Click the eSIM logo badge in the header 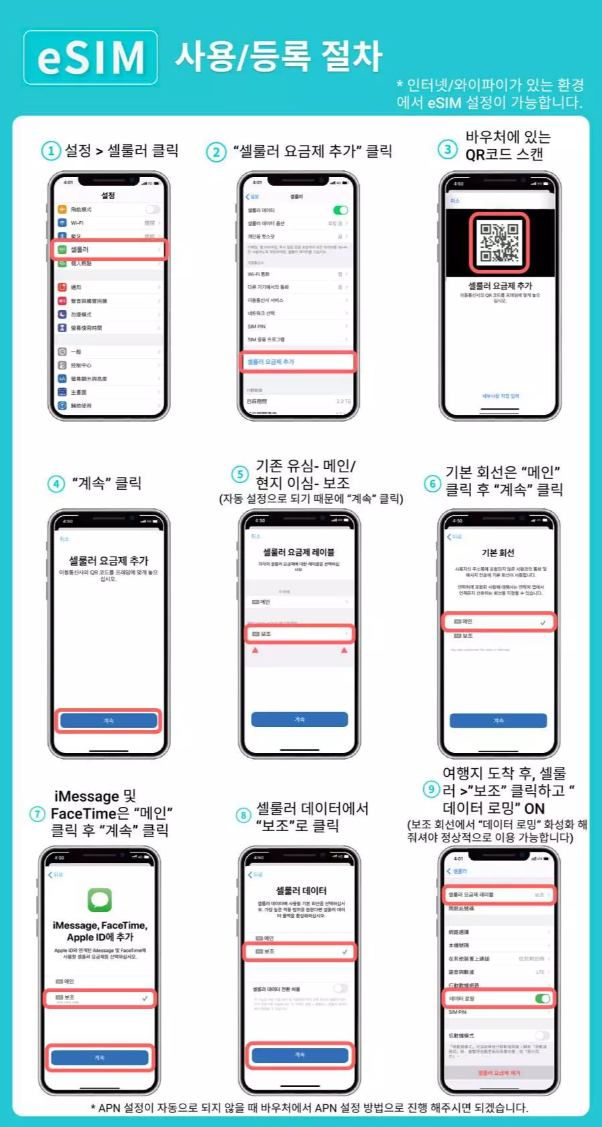(91, 57)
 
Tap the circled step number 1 (51, 151)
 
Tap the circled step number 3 (447, 149)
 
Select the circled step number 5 (240, 474)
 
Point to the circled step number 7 (37, 814)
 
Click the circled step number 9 (432, 790)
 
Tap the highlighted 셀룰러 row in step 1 (109, 249)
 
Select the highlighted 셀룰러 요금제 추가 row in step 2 (298, 361)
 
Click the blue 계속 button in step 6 (498, 720)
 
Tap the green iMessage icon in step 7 (99, 899)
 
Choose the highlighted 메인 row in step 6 (499, 622)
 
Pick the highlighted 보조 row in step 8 (299, 951)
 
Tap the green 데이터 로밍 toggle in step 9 (543, 998)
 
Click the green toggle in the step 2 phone (340, 210)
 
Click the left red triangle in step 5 (255, 649)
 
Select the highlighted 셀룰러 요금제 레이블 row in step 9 (499, 895)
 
